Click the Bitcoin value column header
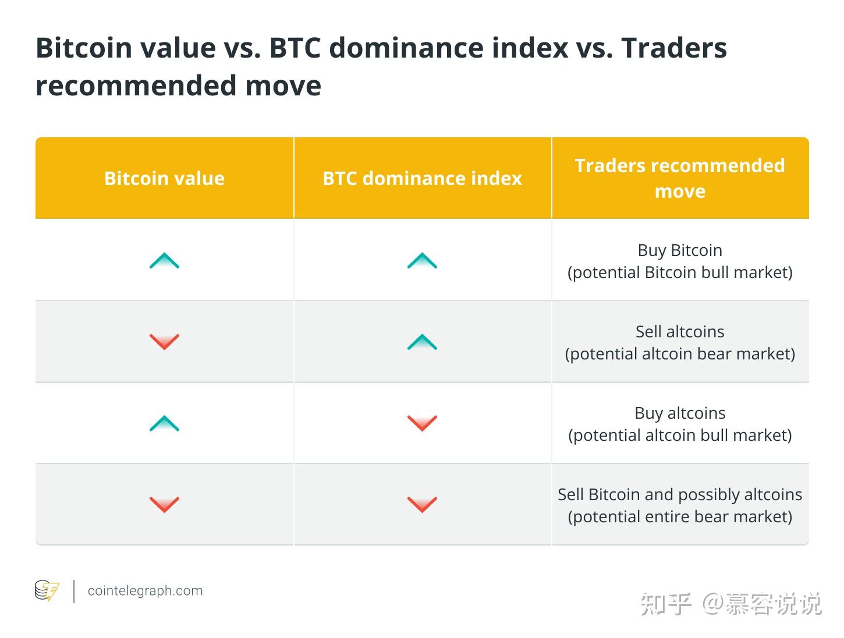164,178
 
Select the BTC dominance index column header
422,178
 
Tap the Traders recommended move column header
679,178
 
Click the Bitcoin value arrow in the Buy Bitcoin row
164,260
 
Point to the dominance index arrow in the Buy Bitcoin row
422,260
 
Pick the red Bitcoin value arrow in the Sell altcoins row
164,342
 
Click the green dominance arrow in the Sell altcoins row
422,341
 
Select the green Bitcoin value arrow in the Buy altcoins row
164,423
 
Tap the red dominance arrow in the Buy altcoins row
422,423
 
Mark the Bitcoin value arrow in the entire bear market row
164,505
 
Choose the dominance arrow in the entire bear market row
422,505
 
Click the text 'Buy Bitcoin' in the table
680,250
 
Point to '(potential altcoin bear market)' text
680,354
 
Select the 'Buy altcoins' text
680,413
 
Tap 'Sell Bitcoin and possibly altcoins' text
680,495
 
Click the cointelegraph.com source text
146,591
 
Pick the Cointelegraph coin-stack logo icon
47,590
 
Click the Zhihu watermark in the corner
730,604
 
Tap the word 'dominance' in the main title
406,48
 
